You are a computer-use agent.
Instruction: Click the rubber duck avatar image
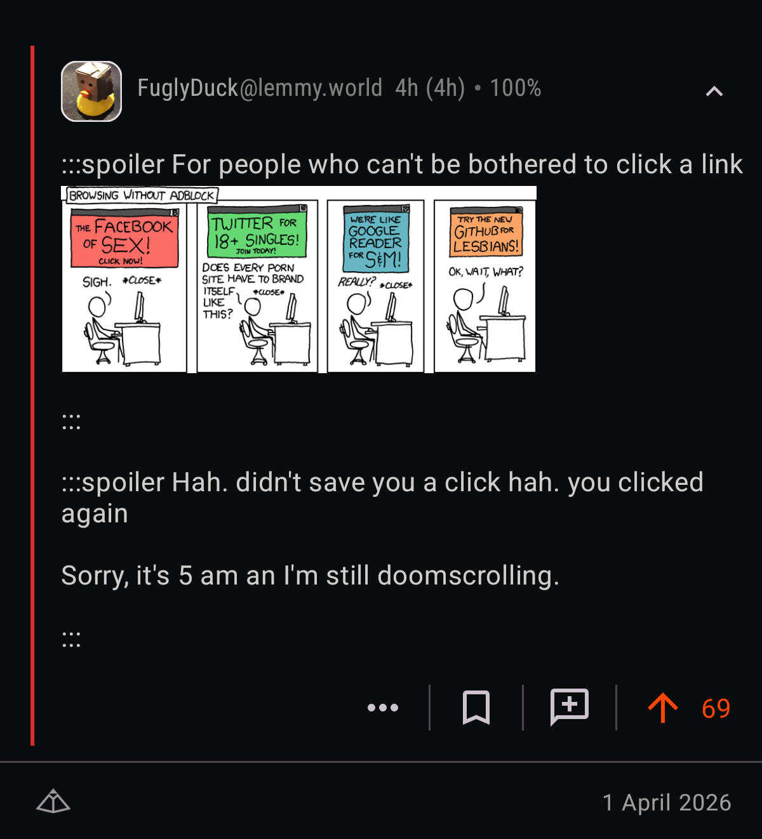(91, 91)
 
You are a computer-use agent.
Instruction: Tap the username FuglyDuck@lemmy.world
(260, 88)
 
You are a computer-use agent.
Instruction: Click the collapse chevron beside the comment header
(714, 91)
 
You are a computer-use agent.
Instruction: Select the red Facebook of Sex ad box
(124, 239)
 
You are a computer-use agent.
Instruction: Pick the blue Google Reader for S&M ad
(375, 239)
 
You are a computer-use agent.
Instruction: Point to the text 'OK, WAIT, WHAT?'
(486, 272)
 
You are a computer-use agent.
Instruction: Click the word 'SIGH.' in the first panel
(97, 282)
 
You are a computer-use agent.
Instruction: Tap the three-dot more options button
(383, 707)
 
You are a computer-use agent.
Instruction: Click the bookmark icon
(476, 707)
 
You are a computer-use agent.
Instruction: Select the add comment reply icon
(570, 706)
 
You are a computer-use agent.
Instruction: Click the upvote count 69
(716, 708)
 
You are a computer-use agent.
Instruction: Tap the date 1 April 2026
(667, 803)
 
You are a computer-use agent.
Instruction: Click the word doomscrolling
(468, 575)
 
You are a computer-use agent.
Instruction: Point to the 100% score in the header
(516, 88)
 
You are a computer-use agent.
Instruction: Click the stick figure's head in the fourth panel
(463, 299)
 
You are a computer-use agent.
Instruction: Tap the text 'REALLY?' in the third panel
(357, 282)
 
